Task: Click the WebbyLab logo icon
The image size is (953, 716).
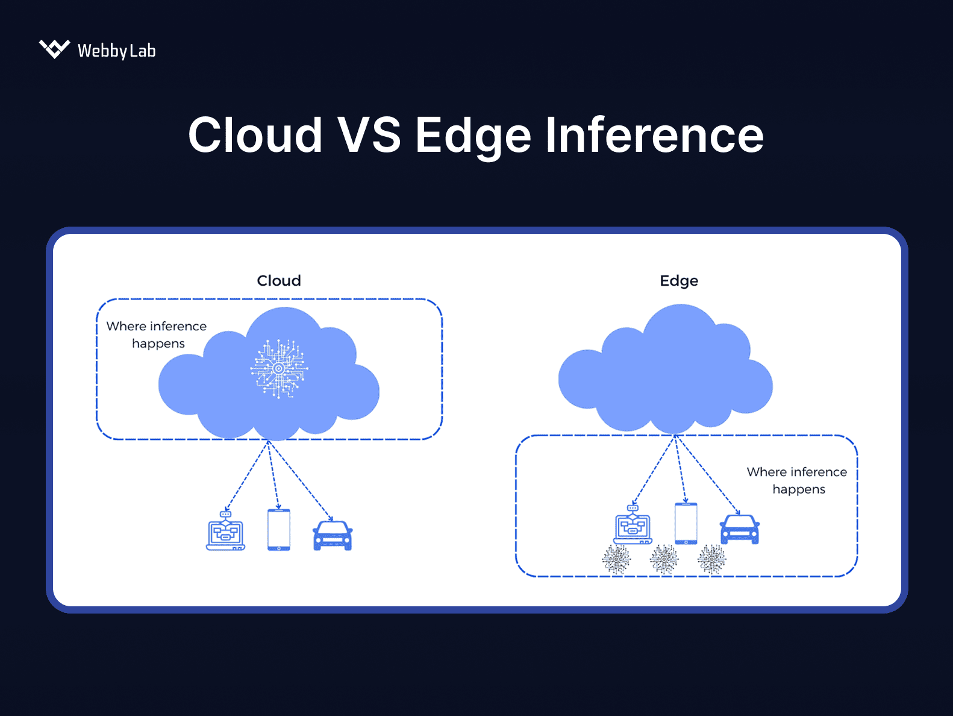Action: click(x=54, y=49)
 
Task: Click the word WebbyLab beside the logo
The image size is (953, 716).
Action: click(x=116, y=51)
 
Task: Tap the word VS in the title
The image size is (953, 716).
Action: click(x=369, y=135)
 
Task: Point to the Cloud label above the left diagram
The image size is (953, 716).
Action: click(x=278, y=281)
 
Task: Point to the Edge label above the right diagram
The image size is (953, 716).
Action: click(x=679, y=281)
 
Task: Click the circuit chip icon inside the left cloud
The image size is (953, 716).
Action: click(x=278, y=368)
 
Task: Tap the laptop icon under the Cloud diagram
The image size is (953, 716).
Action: click(x=225, y=532)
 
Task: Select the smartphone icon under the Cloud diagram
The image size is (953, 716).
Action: click(x=279, y=530)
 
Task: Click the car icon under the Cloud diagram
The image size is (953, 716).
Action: click(x=333, y=536)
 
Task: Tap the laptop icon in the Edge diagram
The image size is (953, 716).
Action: click(x=633, y=526)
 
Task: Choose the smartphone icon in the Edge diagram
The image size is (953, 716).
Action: click(x=686, y=524)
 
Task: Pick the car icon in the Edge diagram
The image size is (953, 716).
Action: click(x=740, y=530)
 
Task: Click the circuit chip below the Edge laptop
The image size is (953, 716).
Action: click(x=616, y=559)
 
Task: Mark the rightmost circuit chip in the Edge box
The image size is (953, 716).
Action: click(x=711, y=559)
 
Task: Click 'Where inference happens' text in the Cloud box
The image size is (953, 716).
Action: click(x=157, y=334)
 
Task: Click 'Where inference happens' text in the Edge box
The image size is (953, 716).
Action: click(x=797, y=480)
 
